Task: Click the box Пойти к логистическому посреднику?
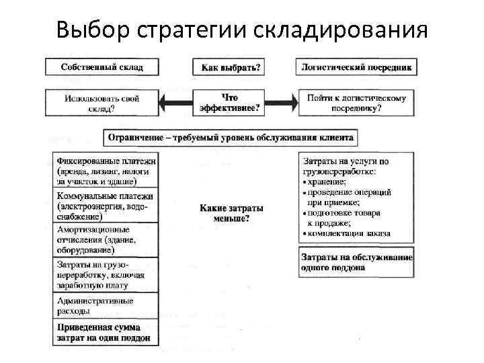(357, 103)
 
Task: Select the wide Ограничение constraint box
(231, 138)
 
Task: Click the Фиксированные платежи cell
(106, 171)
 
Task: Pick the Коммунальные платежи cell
(106, 206)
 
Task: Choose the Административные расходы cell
(106, 306)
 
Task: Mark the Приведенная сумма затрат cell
(106, 333)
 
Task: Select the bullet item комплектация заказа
(350, 233)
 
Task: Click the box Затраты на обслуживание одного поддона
(357, 262)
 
